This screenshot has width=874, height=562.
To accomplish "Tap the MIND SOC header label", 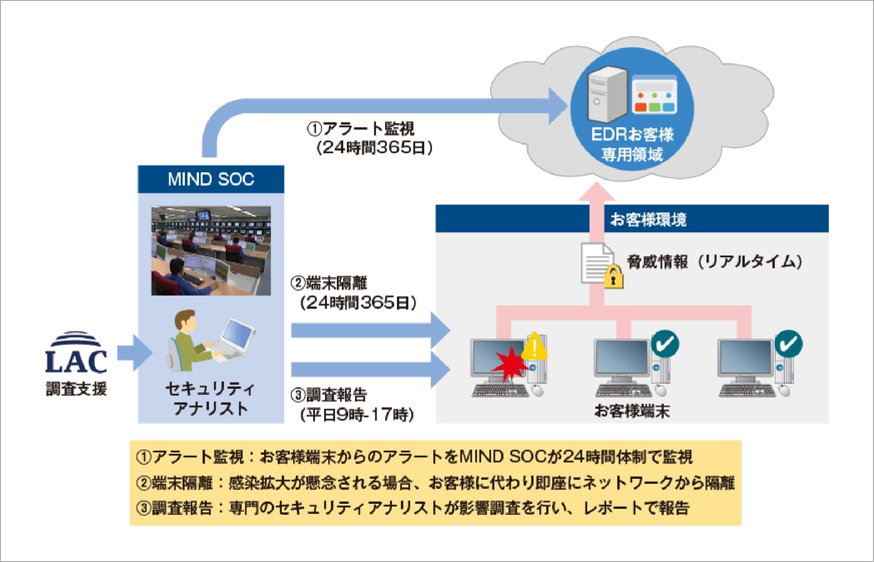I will pos(211,179).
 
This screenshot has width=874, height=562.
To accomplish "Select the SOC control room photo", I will pos(211,251).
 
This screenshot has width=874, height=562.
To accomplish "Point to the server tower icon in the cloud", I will pos(607,95).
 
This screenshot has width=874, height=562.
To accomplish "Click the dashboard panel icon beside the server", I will pos(654,95).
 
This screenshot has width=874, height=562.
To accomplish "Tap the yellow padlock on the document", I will pos(613,276).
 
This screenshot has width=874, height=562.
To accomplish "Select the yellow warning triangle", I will pos(534,346).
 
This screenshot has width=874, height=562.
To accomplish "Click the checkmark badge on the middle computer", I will pos(665,344).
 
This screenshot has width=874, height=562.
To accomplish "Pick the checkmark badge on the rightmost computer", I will pos(788,344).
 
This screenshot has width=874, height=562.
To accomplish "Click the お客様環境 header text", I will pos(648,220).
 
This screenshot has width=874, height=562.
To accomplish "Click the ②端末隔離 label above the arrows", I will pos(329,283).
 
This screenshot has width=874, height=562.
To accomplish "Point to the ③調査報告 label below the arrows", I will pos(329,395).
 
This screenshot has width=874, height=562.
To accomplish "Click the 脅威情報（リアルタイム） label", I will pos(714,261).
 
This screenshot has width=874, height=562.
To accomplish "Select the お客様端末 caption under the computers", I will pos(632,411).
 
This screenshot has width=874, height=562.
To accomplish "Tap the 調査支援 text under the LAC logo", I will pos(76,389).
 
